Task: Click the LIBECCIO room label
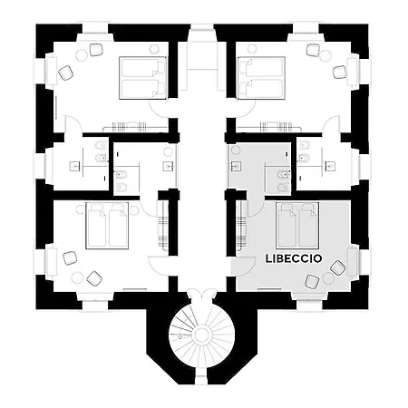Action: (x=293, y=258)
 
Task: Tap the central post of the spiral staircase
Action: (x=201, y=335)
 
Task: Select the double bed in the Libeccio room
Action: (x=297, y=226)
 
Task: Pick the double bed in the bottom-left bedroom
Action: (x=107, y=226)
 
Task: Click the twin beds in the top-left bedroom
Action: (x=142, y=78)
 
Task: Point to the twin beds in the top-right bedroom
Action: (x=261, y=78)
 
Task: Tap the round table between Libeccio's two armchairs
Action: (x=327, y=278)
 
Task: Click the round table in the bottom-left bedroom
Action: (x=77, y=277)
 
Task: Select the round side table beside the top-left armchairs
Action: (x=82, y=55)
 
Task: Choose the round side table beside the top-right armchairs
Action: (x=325, y=56)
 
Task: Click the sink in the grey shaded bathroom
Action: (x=237, y=166)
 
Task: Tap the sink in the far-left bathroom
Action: (x=75, y=166)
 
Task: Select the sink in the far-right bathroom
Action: (x=330, y=166)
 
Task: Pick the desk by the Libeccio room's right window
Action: (x=352, y=261)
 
